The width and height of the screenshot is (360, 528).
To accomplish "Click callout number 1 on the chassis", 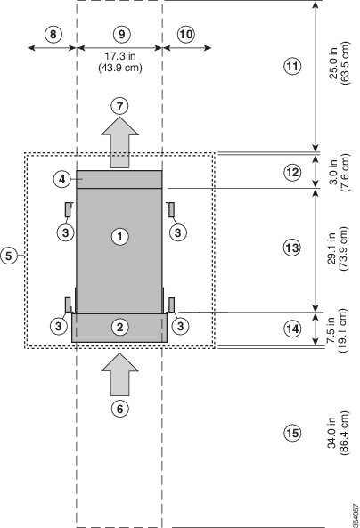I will (119, 236).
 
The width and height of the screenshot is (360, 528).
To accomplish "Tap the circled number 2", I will (119, 327).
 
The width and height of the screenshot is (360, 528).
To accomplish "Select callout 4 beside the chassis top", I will (62, 179).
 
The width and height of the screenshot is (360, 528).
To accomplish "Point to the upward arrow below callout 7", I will (119, 143).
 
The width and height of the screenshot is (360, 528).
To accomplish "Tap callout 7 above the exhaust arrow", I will (119, 105).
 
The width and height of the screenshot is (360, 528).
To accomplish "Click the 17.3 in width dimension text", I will (118, 61).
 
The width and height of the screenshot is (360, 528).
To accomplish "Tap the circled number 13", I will (291, 248).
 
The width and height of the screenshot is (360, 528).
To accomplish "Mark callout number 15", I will (291, 434).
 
